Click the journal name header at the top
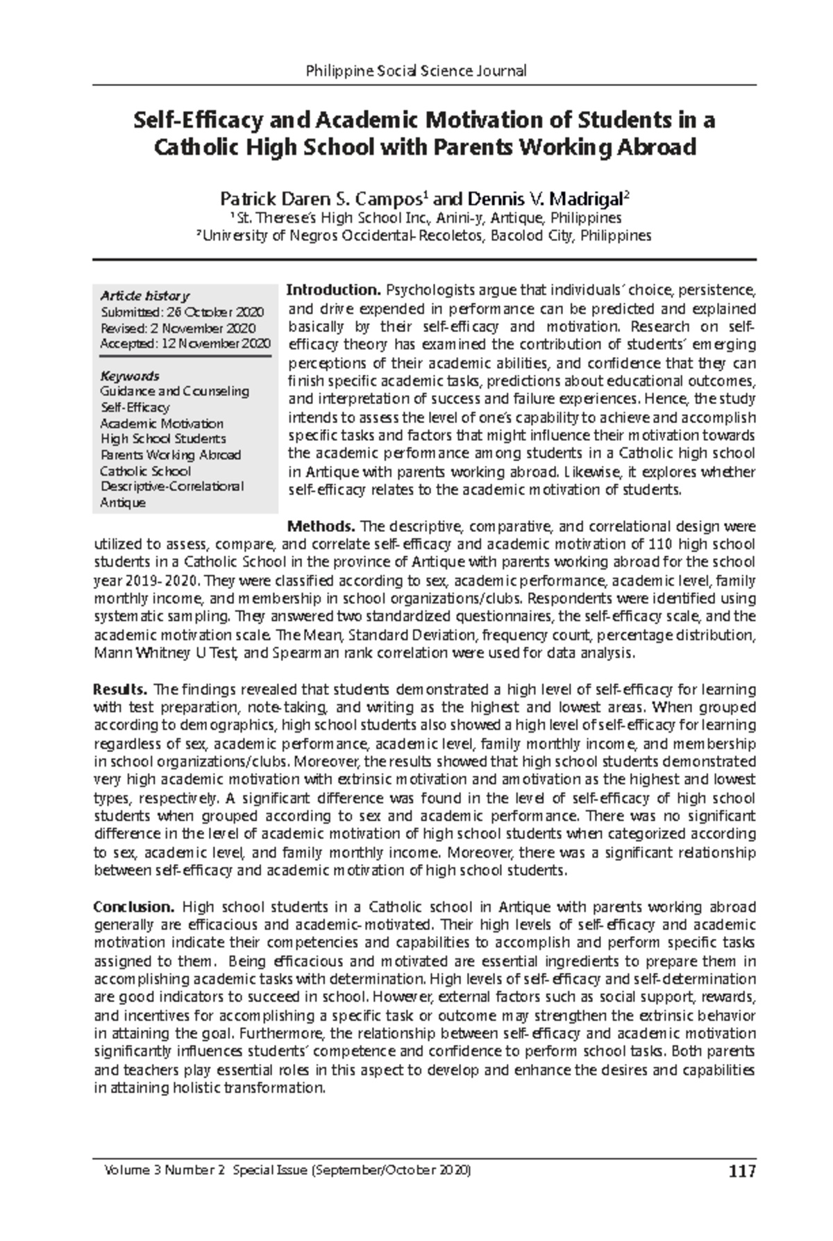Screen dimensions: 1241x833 click(x=416, y=70)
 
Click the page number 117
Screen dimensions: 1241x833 click(x=741, y=1172)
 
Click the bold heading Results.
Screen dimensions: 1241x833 click(x=120, y=690)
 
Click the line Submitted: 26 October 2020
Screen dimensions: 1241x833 click(x=182, y=312)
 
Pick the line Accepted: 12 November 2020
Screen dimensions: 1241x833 click(x=185, y=343)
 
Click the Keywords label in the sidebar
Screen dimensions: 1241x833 click(x=130, y=376)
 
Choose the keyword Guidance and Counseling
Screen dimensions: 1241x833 click(x=174, y=391)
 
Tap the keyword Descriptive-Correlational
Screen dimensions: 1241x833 click(x=171, y=486)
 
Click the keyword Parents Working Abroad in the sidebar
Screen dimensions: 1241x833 click(x=170, y=455)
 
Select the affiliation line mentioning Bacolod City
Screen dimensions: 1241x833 click(x=423, y=235)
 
